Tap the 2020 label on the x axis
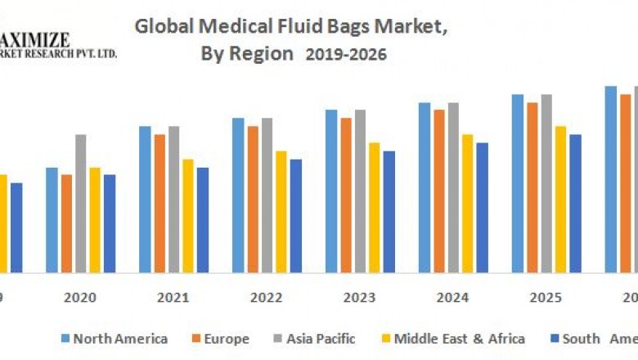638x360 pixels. [x=81, y=297]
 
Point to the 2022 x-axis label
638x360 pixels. [x=267, y=297]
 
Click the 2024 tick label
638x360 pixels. [x=453, y=297]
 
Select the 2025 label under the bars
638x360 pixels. [x=546, y=297]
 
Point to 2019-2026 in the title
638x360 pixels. [x=346, y=55]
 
